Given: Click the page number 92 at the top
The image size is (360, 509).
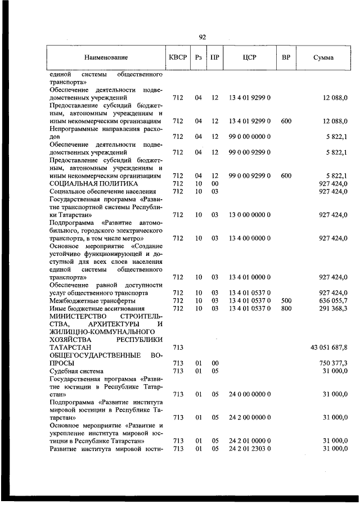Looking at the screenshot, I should [x=202, y=37].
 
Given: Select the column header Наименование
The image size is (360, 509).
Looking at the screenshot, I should [x=106, y=57].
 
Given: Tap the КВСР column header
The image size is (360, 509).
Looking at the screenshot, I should [x=178, y=57].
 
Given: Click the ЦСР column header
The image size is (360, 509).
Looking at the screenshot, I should [x=250, y=57].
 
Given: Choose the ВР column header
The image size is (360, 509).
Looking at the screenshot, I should [x=286, y=57].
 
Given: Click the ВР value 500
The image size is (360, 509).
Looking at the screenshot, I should [x=286, y=300].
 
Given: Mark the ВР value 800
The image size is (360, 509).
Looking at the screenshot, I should [x=286, y=308].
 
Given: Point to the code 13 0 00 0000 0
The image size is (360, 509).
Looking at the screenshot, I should [x=250, y=214].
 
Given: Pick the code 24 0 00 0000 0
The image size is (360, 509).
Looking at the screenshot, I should [x=250, y=394].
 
